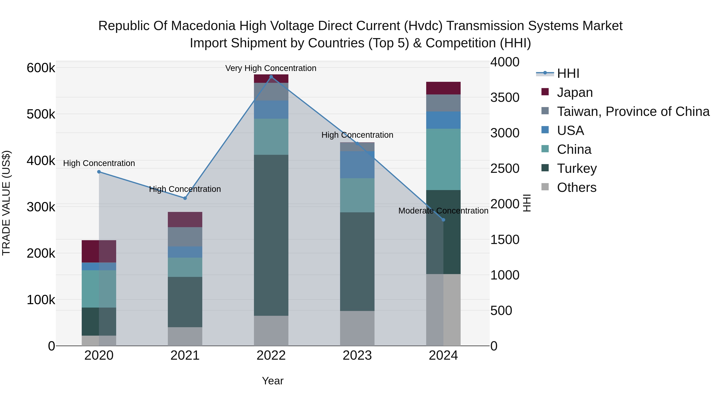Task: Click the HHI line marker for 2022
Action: (271, 77)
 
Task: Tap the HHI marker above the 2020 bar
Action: (99, 172)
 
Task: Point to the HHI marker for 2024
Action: (443, 220)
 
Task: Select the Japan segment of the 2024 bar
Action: (443, 88)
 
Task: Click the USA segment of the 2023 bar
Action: (357, 165)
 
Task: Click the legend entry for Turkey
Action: (577, 168)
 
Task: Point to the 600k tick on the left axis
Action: (41, 68)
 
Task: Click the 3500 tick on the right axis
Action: (505, 97)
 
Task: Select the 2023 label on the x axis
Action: (357, 355)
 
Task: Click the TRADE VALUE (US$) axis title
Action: (6, 203)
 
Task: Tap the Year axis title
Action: (273, 381)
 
